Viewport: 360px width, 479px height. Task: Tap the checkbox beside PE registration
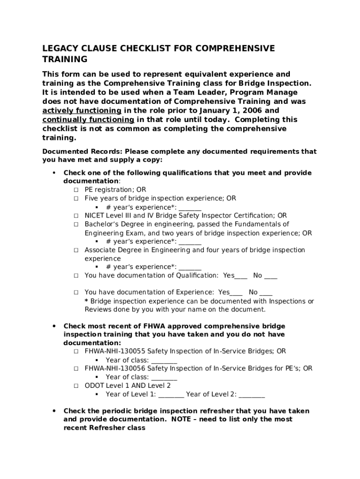tap(76, 190)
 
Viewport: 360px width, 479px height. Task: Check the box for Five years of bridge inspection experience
tap(76, 198)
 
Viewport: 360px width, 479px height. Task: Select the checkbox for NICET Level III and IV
tap(76, 216)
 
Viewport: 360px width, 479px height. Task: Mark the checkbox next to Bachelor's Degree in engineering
tap(76, 225)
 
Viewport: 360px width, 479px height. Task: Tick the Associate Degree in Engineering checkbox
tap(76, 250)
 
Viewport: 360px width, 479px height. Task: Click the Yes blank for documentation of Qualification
tap(241, 276)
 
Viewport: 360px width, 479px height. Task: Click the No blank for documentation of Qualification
tap(271, 276)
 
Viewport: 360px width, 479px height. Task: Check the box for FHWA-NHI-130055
tap(76, 351)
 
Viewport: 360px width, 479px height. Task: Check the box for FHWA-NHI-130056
tap(76, 369)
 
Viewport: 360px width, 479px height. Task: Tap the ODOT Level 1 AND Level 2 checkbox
tap(76, 386)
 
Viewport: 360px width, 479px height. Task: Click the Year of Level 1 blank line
tap(171, 395)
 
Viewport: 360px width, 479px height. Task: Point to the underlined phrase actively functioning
tap(82, 111)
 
